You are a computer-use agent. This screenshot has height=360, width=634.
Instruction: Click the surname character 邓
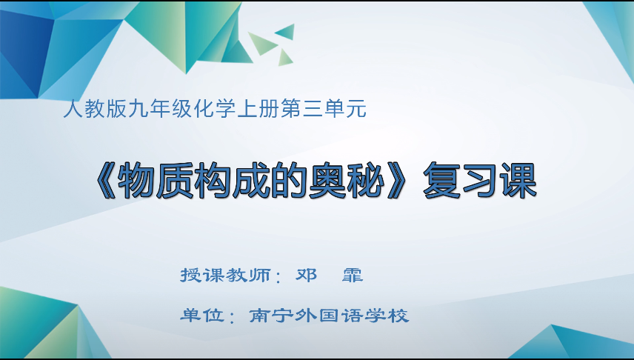point(306,276)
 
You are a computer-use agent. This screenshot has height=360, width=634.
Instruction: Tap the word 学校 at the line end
point(387,316)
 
